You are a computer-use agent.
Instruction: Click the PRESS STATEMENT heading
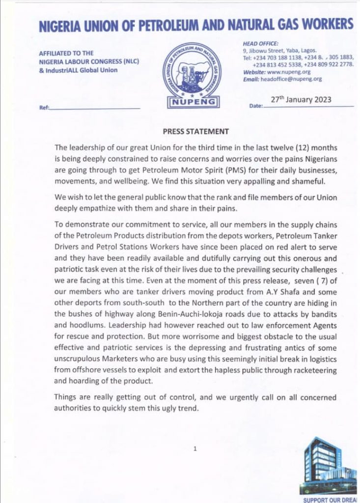coord(195,132)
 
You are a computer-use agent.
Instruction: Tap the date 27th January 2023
coord(301,100)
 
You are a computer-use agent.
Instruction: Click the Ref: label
coord(43,108)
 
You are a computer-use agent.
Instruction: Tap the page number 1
coord(195,448)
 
